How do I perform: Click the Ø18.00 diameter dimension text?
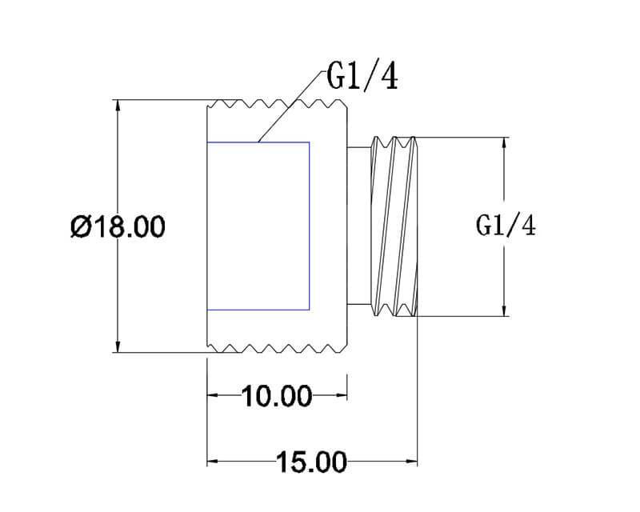118,226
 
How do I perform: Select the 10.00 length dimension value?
277,396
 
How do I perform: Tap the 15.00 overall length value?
312,462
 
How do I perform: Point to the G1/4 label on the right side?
506,226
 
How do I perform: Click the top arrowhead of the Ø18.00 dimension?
118,106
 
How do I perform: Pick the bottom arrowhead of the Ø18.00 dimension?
118,346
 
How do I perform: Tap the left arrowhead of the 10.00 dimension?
213,395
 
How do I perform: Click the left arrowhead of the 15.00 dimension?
213,462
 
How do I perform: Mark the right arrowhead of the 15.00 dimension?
411,462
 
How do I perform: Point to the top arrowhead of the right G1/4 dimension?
505,143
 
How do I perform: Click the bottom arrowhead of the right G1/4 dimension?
505,310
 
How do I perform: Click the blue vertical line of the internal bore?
309,226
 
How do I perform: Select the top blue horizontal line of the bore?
258,142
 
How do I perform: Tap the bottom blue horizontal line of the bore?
258,310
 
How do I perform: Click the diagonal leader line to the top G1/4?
292,106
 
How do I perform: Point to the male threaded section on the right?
394,226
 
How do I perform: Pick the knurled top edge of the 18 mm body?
277,104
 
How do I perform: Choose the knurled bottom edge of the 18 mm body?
277,348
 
